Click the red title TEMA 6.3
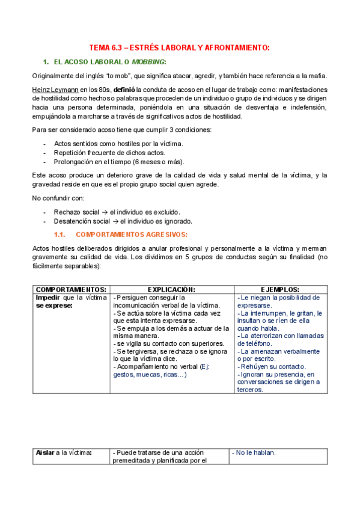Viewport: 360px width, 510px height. pos(178,48)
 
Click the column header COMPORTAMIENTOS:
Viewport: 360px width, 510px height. pos(71,289)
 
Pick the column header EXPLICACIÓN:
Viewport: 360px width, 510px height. pos(171,289)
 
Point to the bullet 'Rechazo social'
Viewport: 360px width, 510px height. pos(78,212)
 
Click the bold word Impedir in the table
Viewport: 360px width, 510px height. pos(49,297)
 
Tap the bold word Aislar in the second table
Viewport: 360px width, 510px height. pos(46,453)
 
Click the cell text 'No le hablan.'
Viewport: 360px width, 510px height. pos(254,453)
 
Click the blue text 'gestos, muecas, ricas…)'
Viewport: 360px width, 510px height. pos(150,374)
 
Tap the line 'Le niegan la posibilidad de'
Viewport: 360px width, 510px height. pos(279,297)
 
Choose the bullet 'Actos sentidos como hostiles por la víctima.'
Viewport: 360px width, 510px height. pos(118,144)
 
